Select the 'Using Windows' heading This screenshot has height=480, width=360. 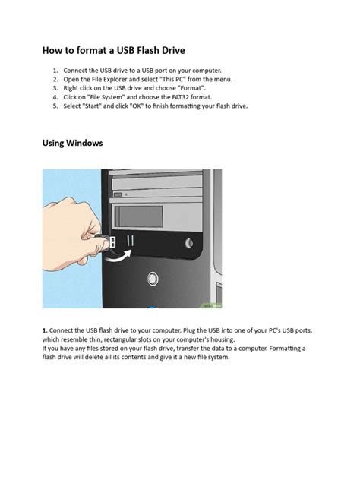click(72, 143)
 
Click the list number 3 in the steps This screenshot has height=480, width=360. click(55, 89)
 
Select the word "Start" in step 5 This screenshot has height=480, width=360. click(99, 107)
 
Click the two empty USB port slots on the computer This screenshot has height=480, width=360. click(130, 241)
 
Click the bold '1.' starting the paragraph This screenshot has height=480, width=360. click(45, 331)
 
